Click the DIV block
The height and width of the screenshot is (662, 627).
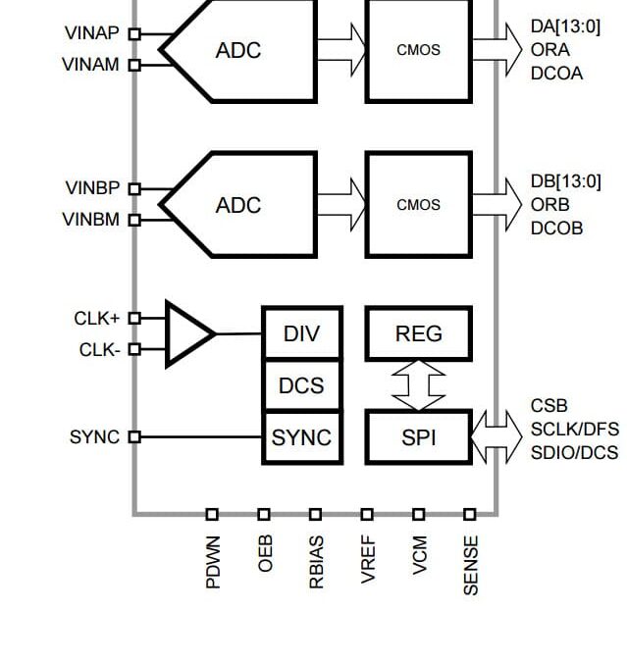point(302,333)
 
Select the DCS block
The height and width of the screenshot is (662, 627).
point(302,385)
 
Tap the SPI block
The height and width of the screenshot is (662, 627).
point(419,437)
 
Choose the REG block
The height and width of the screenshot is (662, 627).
point(419,333)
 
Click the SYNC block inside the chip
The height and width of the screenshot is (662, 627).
point(302,437)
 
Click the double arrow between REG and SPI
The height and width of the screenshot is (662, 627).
point(419,385)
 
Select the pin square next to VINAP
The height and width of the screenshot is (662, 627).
point(134,33)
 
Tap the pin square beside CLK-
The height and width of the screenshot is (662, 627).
point(134,349)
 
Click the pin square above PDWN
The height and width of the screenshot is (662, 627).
point(212,514)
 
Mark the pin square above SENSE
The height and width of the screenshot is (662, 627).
point(470,514)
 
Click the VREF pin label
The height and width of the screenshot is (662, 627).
point(368,559)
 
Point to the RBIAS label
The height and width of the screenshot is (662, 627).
point(317,562)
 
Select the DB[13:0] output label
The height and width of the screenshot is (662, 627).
point(566,181)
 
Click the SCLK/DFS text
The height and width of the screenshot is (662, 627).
point(575,430)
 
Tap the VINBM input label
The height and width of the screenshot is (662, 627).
point(91,220)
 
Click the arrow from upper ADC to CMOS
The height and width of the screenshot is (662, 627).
point(341,50)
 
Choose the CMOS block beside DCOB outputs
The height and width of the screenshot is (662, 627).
point(419,204)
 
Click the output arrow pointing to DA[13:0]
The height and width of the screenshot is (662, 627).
point(497,50)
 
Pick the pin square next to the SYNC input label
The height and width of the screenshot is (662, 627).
point(134,436)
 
